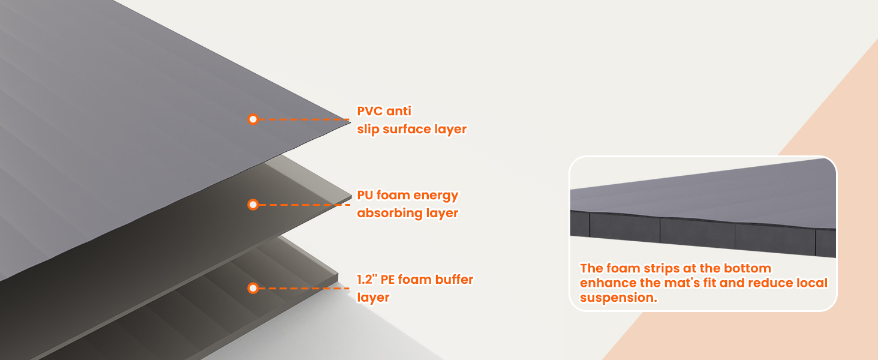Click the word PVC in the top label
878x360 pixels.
pyautogui.click(x=369, y=111)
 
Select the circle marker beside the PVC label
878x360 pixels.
pyautogui.click(x=253, y=119)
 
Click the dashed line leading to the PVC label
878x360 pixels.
pyautogui.click(x=304, y=119)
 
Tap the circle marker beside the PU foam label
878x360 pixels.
pyautogui.click(x=253, y=205)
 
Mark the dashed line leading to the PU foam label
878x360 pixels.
pyautogui.click(x=304, y=205)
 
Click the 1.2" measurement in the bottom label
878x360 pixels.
pyautogui.click(x=367, y=279)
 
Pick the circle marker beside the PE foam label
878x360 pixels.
pyautogui.click(x=253, y=288)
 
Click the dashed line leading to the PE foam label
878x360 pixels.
pyautogui.click(x=304, y=288)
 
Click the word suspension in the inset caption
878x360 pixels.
pyautogui.click(x=618, y=298)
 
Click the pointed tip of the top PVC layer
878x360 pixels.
pyautogui.click(x=350, y=122)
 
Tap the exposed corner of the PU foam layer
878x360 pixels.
pyautogui.click(x=351, y=195)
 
